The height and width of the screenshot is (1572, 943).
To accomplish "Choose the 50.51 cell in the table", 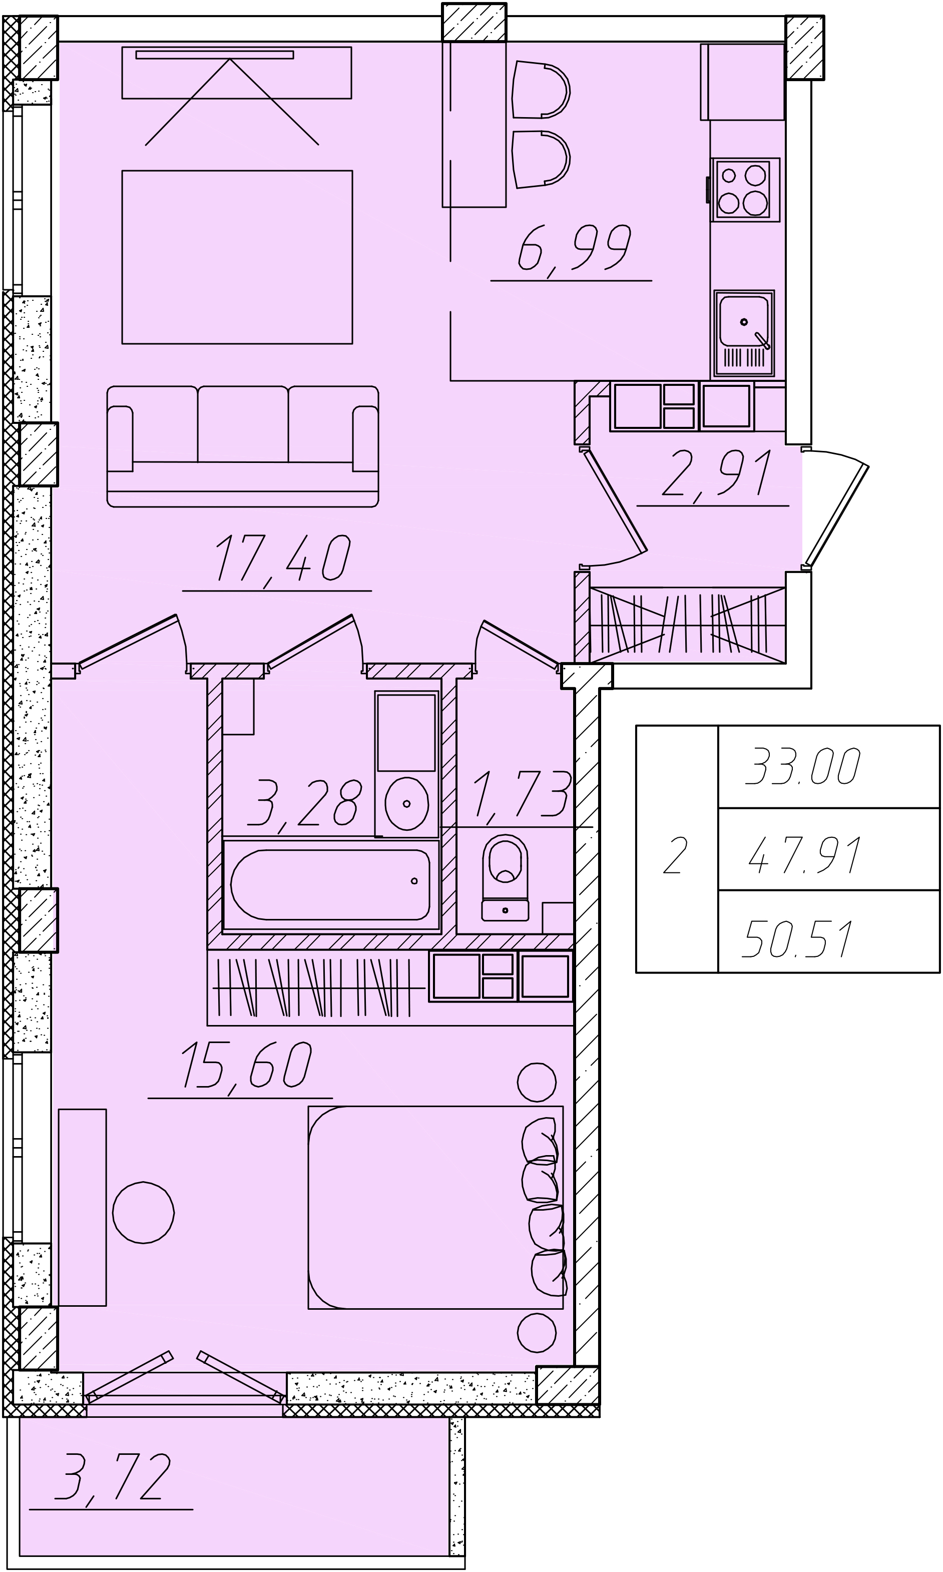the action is (x=797, y=938).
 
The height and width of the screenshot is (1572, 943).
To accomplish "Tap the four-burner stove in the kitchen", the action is (x=745, y=189).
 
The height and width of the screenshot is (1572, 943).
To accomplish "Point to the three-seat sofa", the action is (x=243, y=446).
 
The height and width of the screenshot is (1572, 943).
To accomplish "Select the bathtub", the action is (x=331, y=884).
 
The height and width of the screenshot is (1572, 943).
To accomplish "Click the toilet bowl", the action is (x=505, y=877).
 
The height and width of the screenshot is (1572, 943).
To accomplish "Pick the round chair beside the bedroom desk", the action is (x=144, y=1212).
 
